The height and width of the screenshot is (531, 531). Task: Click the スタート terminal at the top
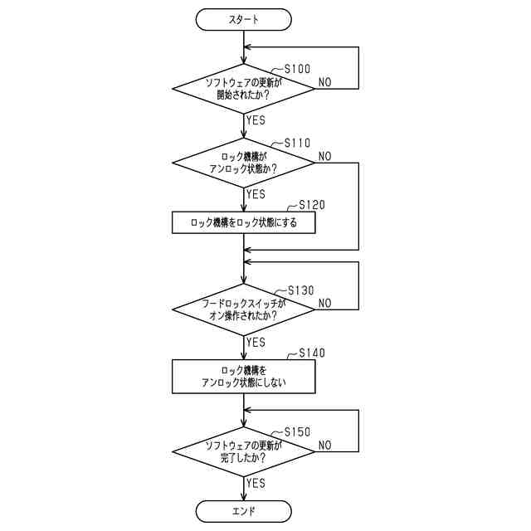(243, 18)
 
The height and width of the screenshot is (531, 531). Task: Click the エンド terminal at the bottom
(243, 510)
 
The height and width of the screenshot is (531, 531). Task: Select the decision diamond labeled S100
(243, 88)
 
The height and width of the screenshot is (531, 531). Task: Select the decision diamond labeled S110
(243, 162)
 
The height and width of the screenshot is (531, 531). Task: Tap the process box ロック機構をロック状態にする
(243, 222)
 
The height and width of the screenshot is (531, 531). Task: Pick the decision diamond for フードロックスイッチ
(243, 309)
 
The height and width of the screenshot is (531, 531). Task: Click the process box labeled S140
(243, 376)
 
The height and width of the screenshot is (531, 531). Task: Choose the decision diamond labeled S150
(243, 451)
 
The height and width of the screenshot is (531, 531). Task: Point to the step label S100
(298, 69)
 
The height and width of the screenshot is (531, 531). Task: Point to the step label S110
(298, 143)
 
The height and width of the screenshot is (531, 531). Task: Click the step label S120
(311, 204)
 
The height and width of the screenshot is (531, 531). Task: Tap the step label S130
(300, 290)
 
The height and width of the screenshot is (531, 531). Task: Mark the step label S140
(311, 353)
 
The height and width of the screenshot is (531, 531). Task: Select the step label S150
(298, 432)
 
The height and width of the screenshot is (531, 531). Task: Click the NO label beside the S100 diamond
(325, 82)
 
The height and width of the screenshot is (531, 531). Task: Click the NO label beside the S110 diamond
(325, 156)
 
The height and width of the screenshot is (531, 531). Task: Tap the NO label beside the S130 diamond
(325, 303)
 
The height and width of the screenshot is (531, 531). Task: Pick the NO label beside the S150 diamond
(325, 446)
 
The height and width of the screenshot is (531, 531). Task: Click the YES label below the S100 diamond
(256, 120)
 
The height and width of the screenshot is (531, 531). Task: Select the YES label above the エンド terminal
(256, 483)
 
